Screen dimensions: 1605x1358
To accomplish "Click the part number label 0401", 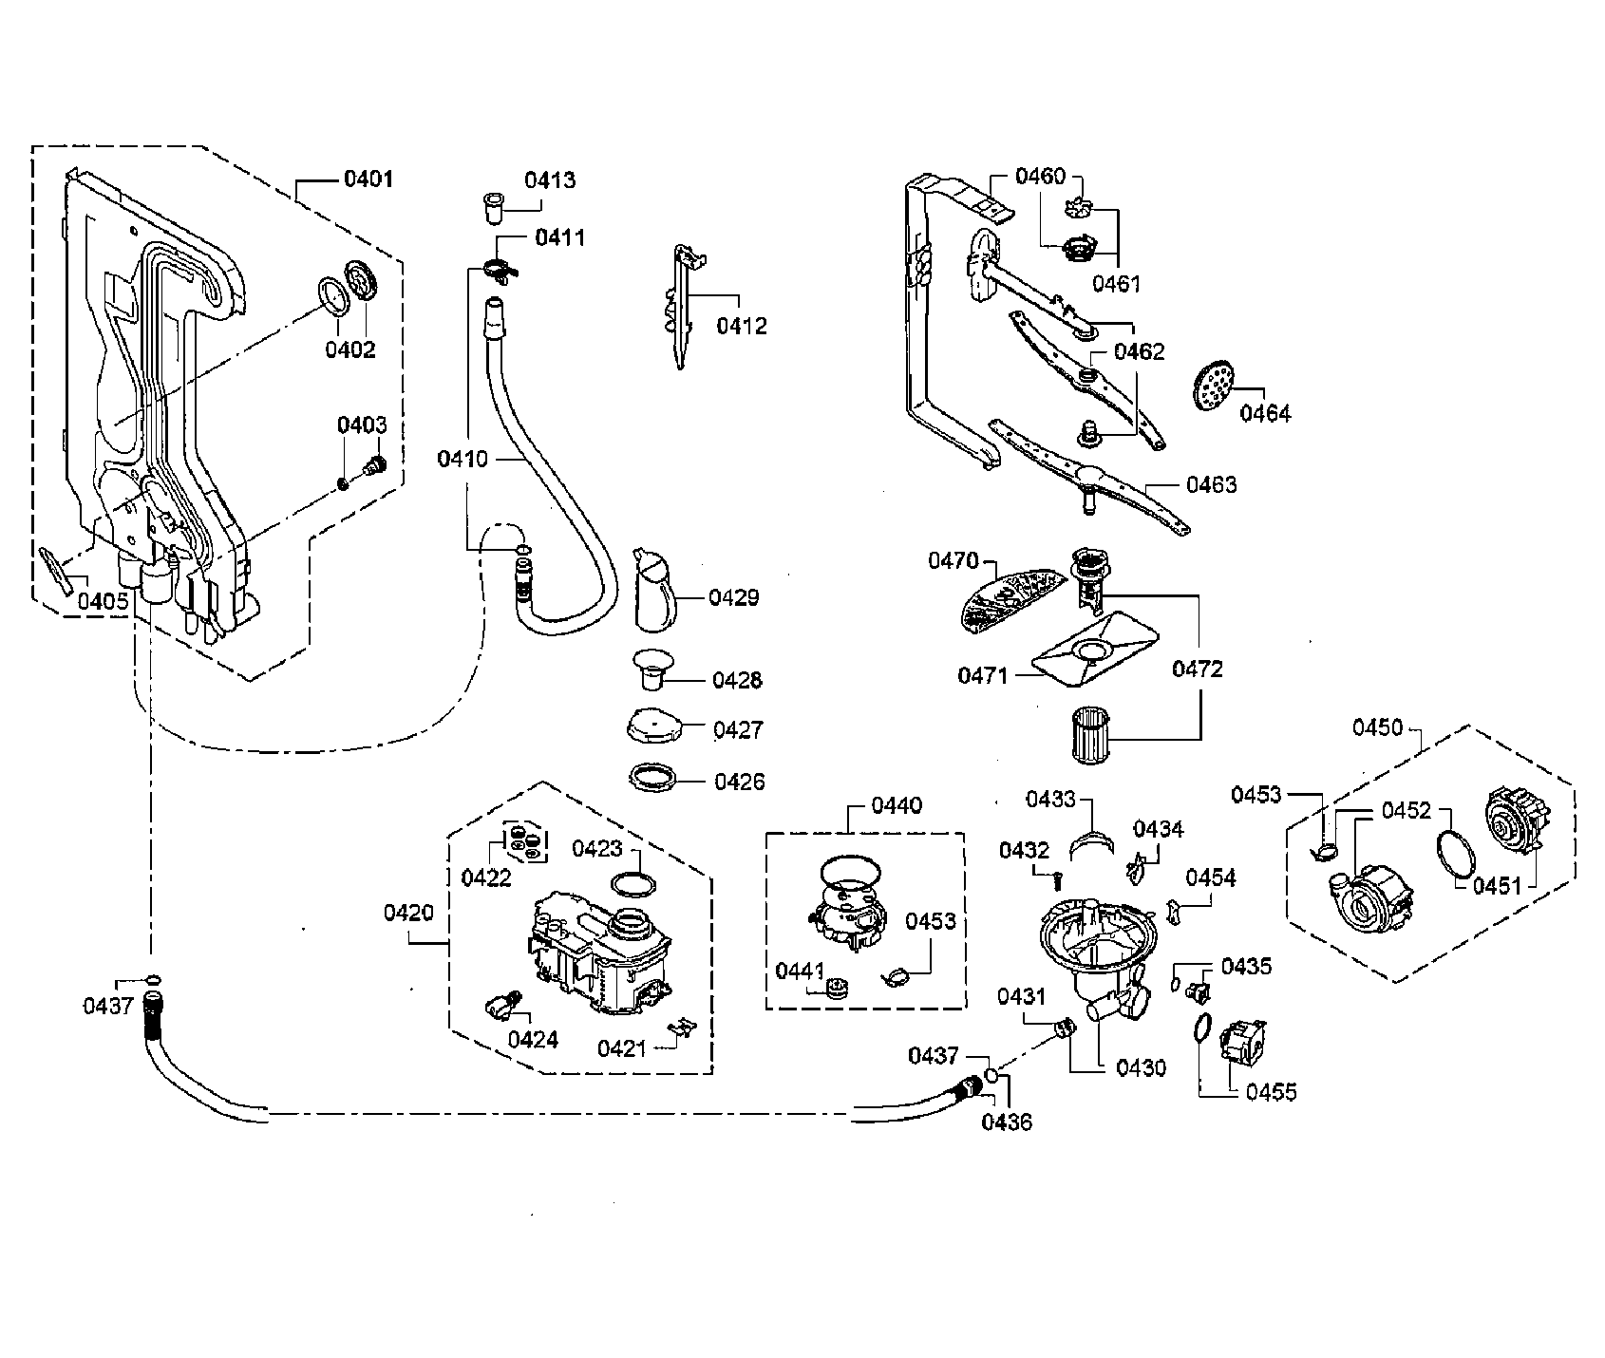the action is pos(368,179).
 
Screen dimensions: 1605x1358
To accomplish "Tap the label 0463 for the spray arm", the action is pos(1212,485).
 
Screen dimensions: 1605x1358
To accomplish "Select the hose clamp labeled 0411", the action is pos(500,269).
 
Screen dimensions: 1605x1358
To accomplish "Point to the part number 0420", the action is pos(408,914).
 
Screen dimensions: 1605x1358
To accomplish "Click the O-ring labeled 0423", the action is pos(633,885).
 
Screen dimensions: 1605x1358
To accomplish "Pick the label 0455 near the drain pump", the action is pos(1271,1092).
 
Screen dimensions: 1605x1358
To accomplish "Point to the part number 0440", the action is pos(896,805).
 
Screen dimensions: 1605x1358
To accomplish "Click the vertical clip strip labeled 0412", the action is pos(685,306).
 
